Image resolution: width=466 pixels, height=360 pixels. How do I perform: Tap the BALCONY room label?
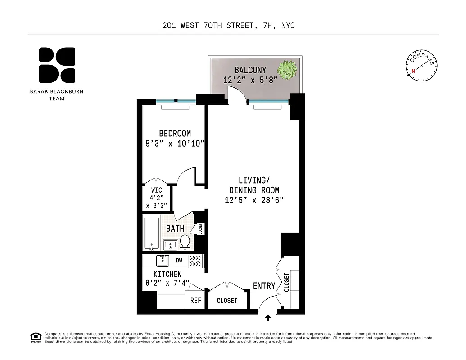click(250, 70)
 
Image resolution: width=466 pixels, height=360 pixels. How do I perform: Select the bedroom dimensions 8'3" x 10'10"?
click(175, 144)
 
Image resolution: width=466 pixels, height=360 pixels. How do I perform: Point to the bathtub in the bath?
click(150, 234)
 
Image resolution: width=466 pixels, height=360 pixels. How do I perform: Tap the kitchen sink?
click(163, 261)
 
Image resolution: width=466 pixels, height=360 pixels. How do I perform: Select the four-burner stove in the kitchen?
click(195, 261)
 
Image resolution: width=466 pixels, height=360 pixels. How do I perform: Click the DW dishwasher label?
click(179, 260)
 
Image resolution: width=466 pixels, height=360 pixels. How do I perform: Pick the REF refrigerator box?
click(195, 301)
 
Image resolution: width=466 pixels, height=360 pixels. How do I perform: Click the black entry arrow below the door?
click(268, 318)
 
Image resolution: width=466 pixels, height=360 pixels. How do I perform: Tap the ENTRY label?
click(264, 286)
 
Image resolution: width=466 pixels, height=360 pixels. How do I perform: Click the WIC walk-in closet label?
click(156, 190)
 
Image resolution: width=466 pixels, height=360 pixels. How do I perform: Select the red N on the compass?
click(412, 71)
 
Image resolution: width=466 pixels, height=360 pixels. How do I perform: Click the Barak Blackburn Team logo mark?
click(57, 66)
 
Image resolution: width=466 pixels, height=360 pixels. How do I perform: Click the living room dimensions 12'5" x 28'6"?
click(254, 201)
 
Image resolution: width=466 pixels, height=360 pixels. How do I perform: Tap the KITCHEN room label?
click(167, 274)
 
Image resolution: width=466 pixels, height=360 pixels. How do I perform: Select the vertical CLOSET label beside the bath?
click(200, 229)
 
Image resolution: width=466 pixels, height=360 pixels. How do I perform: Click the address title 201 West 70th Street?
click(228, 26)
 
